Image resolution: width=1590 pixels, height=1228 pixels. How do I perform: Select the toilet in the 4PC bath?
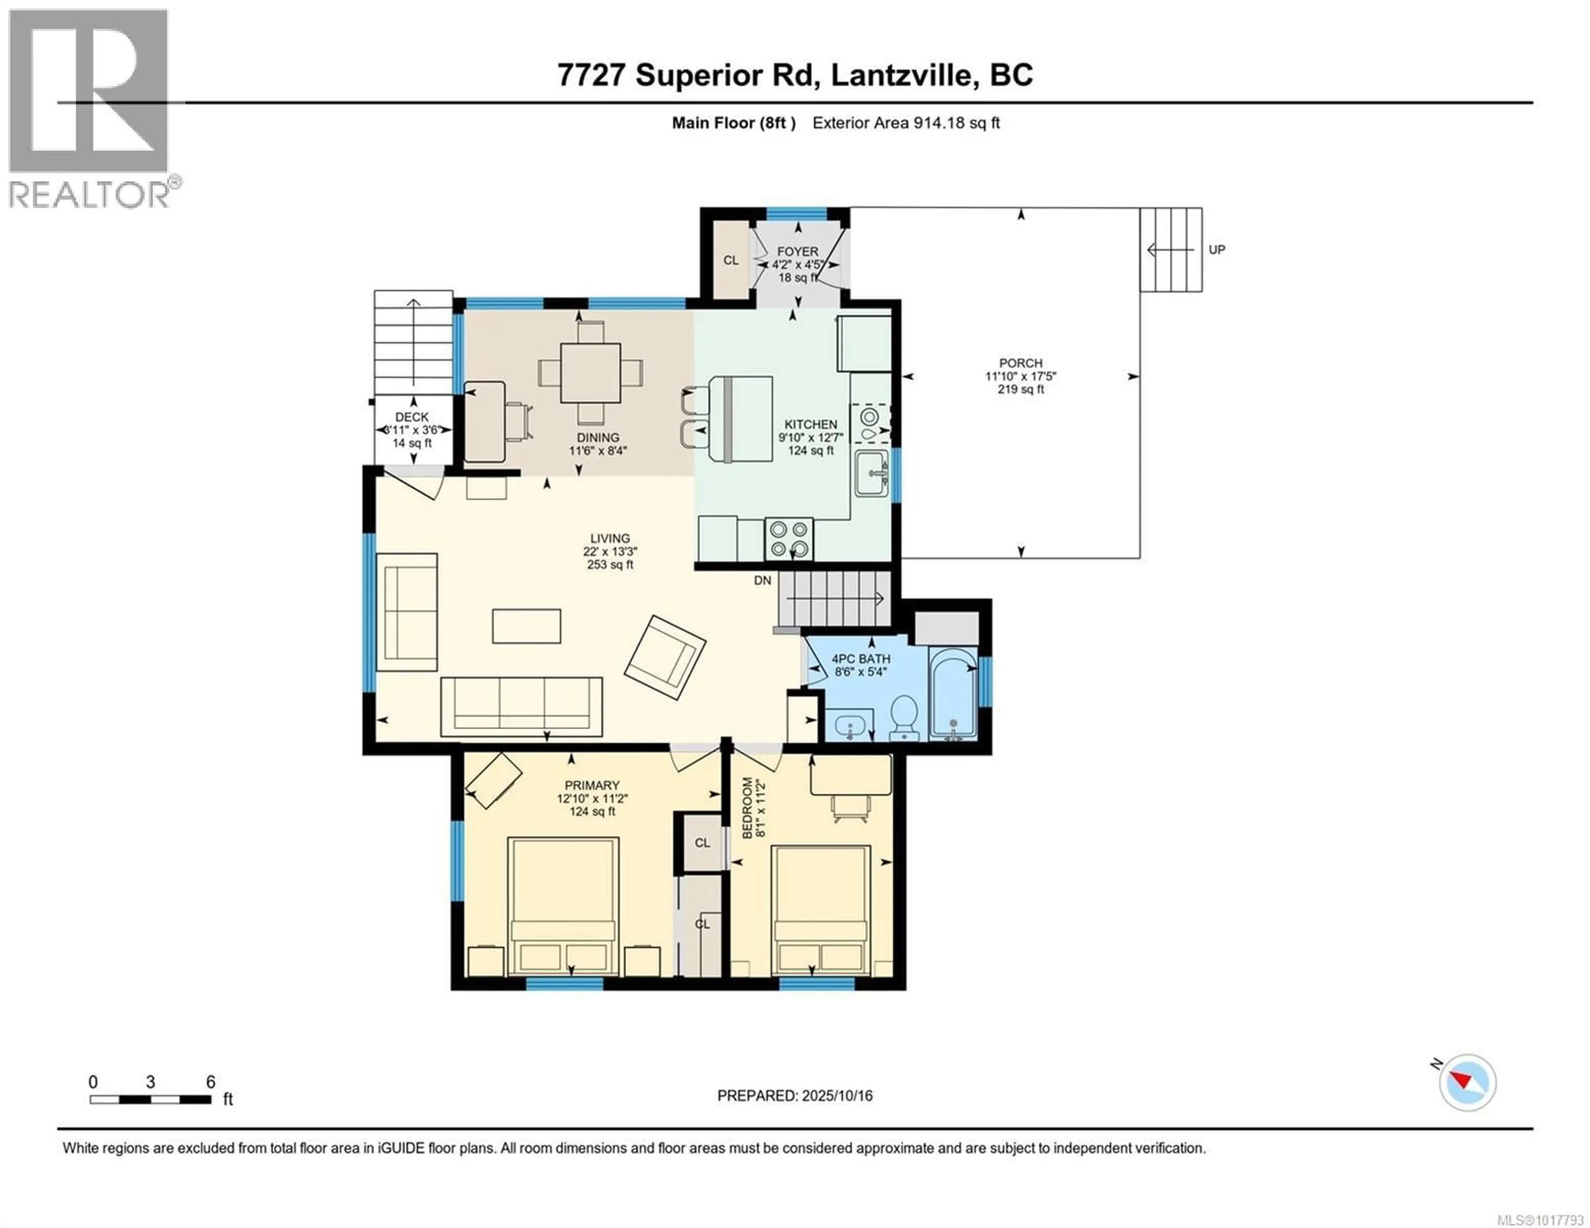pos(904,717)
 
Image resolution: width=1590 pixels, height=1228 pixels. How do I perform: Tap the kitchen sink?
pos(872,473)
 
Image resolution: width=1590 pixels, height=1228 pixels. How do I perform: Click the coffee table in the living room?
pos(526,626)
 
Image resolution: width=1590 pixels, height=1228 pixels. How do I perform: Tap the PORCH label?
pos(1021,363)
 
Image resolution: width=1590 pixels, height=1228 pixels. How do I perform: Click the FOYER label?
pos(797,251)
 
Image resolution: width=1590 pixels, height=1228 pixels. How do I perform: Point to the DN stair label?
pos(762,580)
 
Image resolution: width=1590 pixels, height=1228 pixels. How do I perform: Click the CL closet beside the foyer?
pos(731,260)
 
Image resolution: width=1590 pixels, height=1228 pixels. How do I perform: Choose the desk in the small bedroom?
pos(850,775)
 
